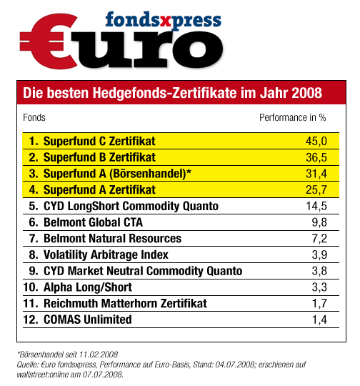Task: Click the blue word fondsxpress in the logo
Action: click(163, 20)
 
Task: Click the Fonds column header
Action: click(34, 117)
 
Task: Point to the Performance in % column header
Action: click(293, 117)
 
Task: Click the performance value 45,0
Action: click(316, 142)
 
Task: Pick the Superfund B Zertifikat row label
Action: click(99, 157)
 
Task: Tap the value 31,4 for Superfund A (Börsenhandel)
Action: click(316, 174)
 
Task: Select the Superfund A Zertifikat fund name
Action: click(99, 190)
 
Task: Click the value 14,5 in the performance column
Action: click(316, 206)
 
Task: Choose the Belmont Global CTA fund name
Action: click(93, 222)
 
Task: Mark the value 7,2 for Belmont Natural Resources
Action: click(319, 239)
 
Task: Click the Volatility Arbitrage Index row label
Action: click(106, 254)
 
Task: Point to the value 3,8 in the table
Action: click(319, 271)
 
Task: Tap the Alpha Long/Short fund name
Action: click(88, 287)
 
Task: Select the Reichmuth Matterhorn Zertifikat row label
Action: click(125, 303)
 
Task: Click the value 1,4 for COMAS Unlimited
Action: click(319, 320)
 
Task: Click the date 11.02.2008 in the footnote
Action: click(99, 355)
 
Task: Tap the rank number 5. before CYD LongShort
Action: click(34, 206)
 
